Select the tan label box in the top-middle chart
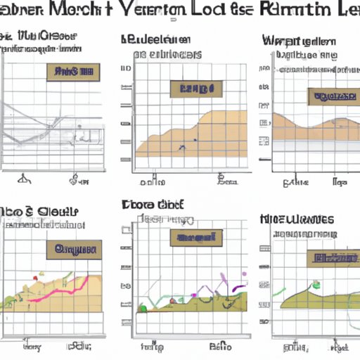click(189, 89)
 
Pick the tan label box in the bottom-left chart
click(74, 248)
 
